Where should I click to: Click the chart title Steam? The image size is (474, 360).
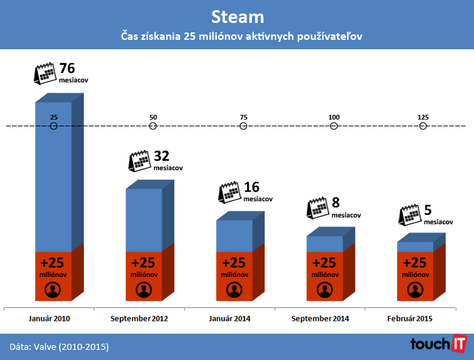point(237,16)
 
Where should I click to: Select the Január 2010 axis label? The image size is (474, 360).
point(49,319)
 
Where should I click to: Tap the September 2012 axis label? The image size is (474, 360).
point(139,319)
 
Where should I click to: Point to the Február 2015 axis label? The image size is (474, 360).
point(411,319)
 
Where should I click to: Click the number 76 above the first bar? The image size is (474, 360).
point(67,68)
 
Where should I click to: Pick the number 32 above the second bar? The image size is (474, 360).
point(162,156)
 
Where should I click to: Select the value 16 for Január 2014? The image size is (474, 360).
point(251,188)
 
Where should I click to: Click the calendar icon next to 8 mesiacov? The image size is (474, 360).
point(317,207)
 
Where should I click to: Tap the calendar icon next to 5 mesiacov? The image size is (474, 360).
point(411,215)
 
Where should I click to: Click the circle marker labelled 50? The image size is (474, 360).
point(153,126)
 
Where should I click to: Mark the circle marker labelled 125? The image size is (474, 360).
point(423,126)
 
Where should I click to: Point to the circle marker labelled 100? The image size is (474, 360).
point(334,126)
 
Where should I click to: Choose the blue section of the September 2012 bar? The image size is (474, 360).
point(144,220)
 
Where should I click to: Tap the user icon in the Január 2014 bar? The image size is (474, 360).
point(234,290)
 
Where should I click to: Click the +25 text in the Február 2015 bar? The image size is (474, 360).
point(415,263)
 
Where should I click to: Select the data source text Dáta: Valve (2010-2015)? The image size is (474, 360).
point(59,346)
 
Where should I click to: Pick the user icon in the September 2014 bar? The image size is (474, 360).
point(325,290)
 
